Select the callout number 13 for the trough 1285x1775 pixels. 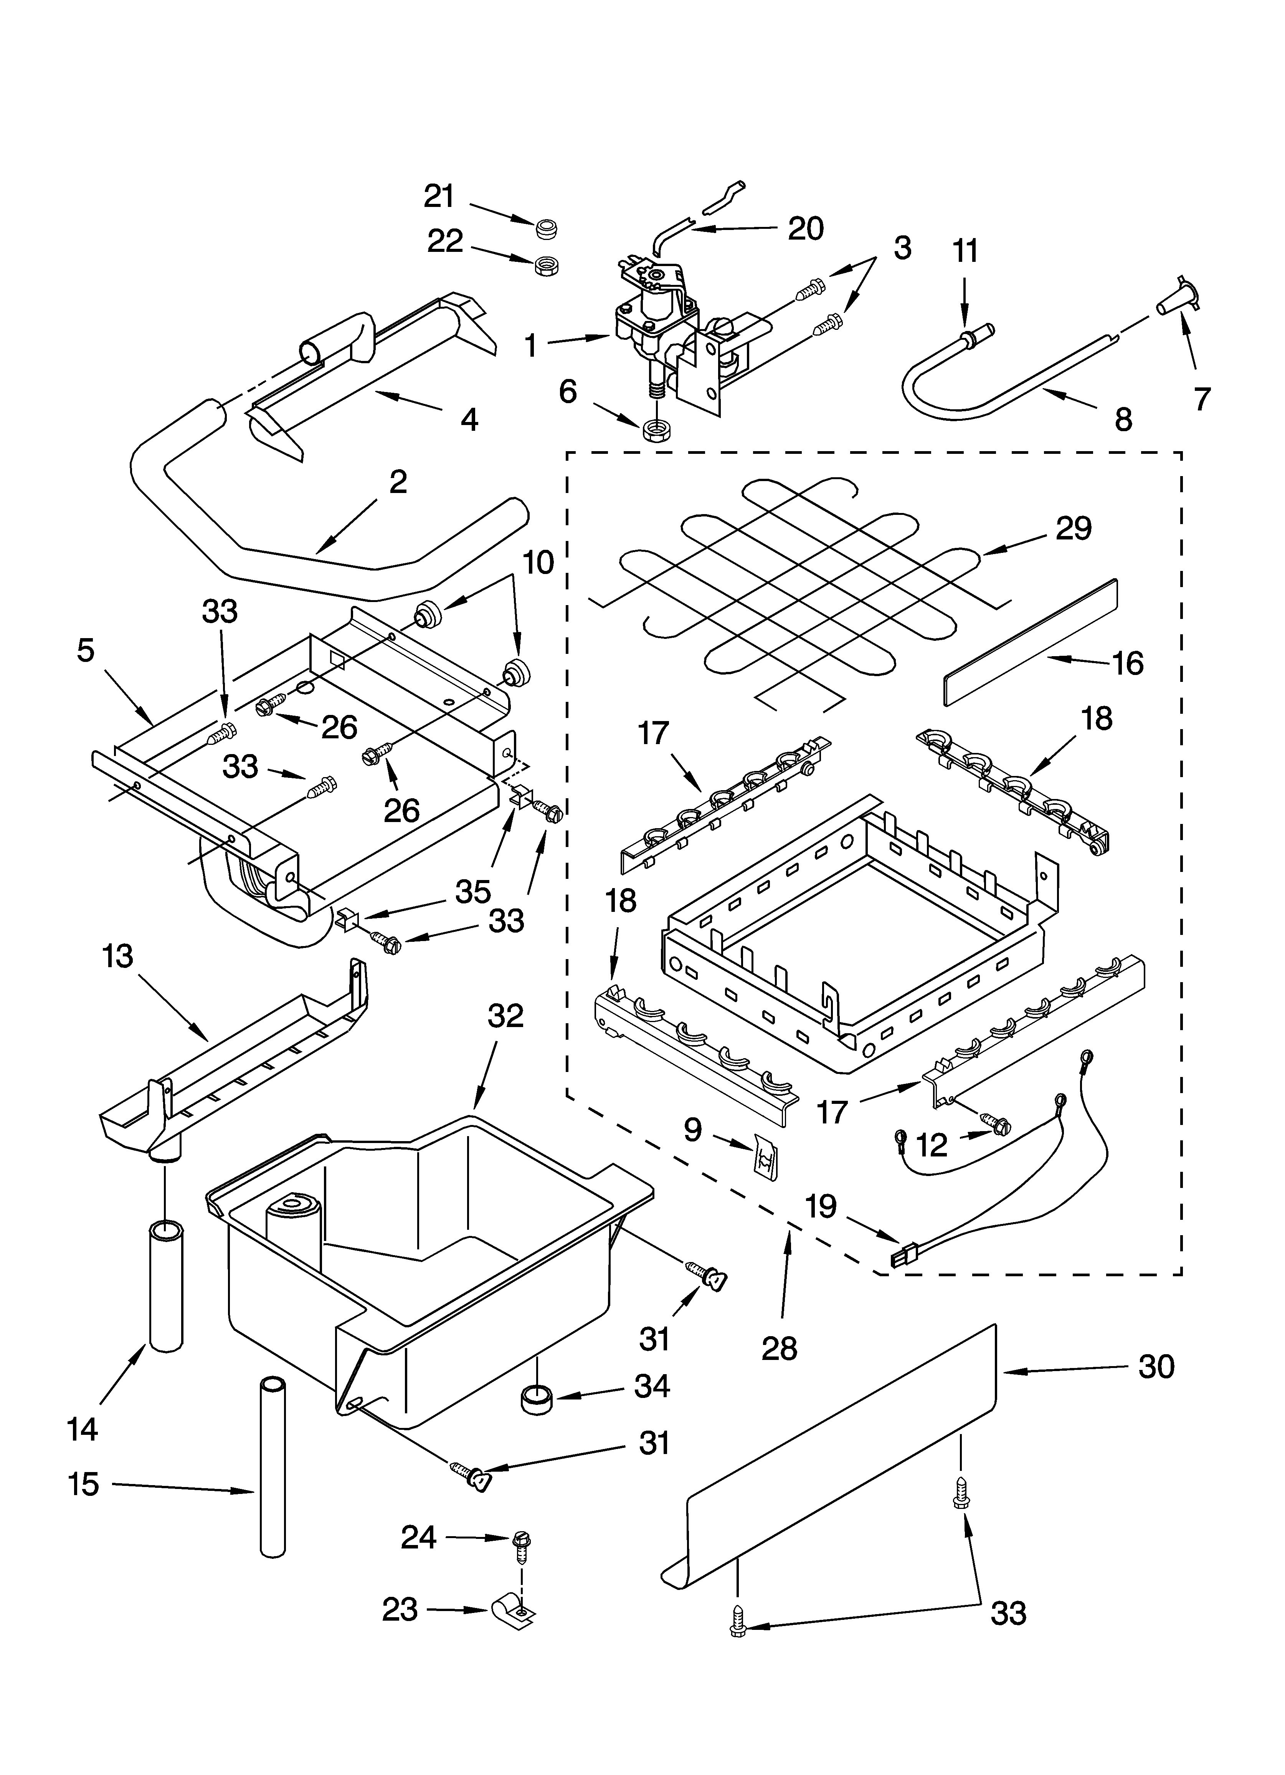(117, 956)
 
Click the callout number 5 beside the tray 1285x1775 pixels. (85, 650)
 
